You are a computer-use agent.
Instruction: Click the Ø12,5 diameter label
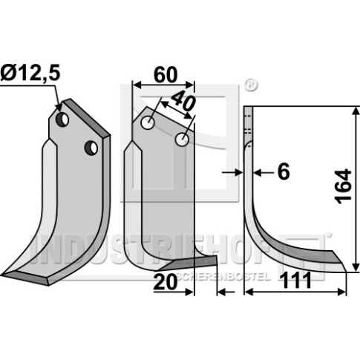coord(30,73)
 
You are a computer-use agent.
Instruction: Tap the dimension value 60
coord(166,74)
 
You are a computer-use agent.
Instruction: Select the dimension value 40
coord(183,101)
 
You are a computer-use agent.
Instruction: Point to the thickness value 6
coord(283,171)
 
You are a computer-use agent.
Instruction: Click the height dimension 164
coord(344,186)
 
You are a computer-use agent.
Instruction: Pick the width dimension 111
coord(296,281)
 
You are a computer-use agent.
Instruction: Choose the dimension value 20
coord(166,282)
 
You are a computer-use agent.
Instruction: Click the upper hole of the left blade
coord(62,120)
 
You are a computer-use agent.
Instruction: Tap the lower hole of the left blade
coord(91,148)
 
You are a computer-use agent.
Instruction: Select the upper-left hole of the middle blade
coord(148,122)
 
